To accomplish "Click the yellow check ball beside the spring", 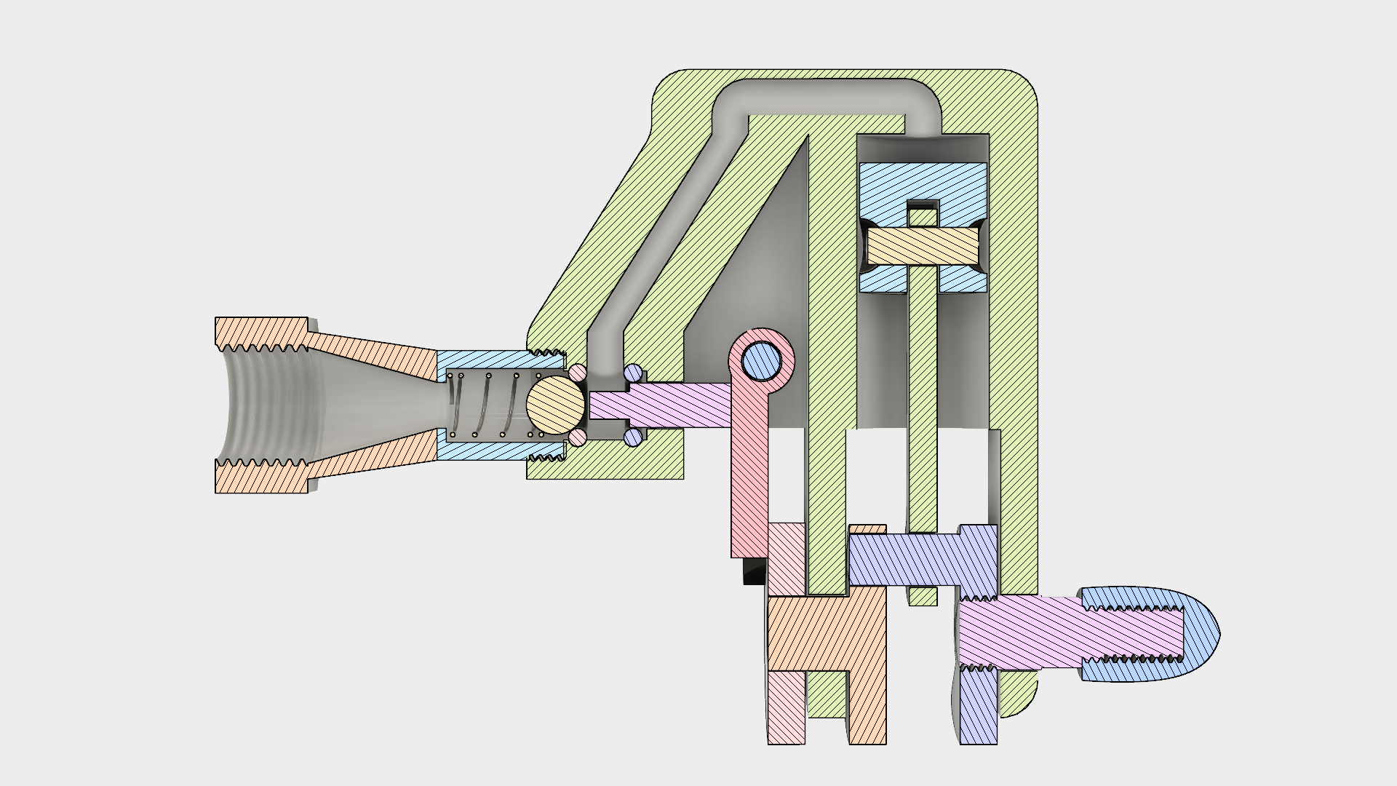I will (554, 404).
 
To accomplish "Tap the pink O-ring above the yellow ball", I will (578, 373).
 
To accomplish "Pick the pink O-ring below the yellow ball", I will (578, 437).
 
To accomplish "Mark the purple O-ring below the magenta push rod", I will (633, 437).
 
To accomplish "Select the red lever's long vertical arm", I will (749, 480).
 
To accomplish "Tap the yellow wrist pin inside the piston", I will (923, 246).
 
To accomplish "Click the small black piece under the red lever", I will (753, 572).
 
